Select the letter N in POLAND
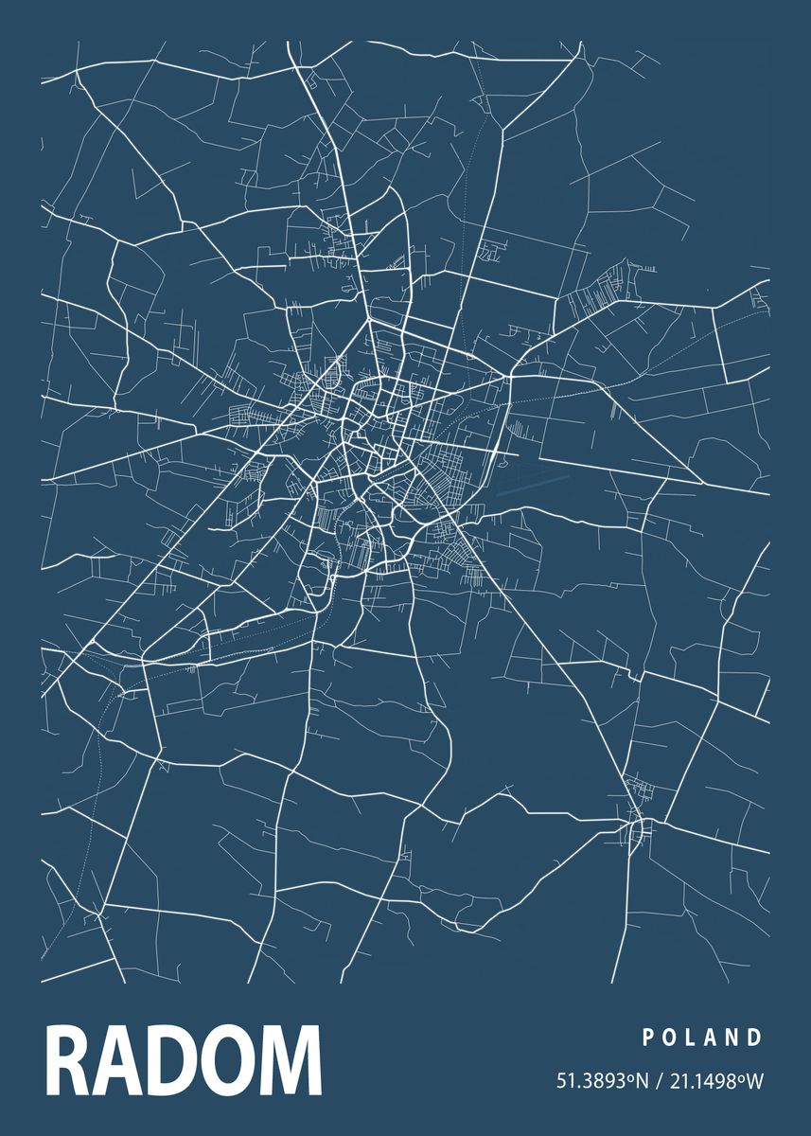(732, 1038)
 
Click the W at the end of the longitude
(754, 1081)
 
